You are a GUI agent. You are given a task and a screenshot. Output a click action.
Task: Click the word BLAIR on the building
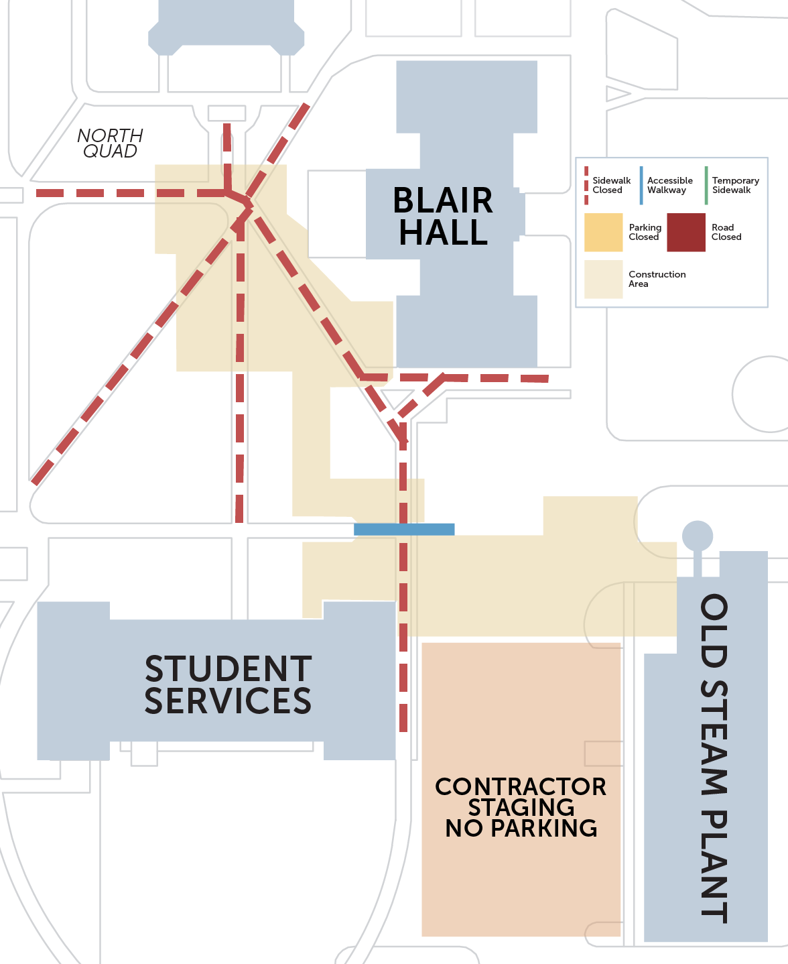[x=443, y=200]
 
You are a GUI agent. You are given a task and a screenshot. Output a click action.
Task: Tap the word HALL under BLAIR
[x=443, y=232]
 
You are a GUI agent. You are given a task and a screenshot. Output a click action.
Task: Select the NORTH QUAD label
[x=110, y=143]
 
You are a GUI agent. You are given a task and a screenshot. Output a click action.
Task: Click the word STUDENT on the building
[x=228, y=669]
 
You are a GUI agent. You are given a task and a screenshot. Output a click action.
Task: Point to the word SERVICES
[x=228, y=701]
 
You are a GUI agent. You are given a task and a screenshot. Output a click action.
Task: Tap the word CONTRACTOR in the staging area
[x=521, y=786]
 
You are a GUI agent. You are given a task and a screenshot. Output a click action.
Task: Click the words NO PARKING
[x=521, y=828]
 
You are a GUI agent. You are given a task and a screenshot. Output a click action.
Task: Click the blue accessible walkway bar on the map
[x=404, y=530]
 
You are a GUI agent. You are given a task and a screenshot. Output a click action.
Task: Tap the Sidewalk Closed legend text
[x=611, y=185]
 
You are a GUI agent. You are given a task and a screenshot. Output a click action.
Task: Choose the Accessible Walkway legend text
[x=669, y=185]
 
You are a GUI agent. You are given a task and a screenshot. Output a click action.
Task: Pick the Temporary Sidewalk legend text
[x=736, y=185]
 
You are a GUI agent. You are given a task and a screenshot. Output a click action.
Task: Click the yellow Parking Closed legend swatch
[x=604, y=232]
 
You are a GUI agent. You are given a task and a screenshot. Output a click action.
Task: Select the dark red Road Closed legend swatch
[x=686, y=232]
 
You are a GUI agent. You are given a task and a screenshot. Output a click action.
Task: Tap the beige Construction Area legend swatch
[x=604, y=280]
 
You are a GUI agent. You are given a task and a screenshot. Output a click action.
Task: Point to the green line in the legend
[x=706, y=185]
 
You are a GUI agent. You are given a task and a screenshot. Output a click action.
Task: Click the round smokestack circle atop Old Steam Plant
[x=698, y=536]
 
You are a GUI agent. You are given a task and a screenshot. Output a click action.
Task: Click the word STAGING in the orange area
[x=521, y=807]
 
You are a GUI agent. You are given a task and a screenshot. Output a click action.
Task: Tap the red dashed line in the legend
[x=586, y=185]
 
